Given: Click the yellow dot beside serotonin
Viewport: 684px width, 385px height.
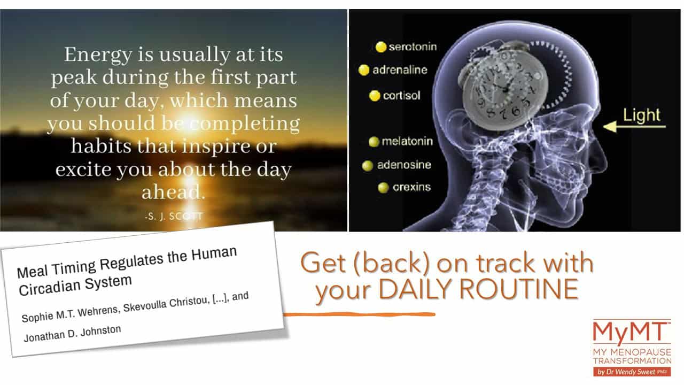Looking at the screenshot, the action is pyautogui.click(x=381, y=47).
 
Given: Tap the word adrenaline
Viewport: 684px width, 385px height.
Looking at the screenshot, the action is pyautogui.click(x=400, y=70).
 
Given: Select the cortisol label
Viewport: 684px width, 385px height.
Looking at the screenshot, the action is pyautogui.click(x=401, y=96).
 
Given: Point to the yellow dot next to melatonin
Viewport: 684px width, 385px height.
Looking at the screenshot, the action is pyautogui.click(x=374, y=142).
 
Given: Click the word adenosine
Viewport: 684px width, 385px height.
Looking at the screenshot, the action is pyautogui.click(x=404, y=165).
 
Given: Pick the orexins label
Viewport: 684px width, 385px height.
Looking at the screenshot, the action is pyautogui.click(x=411, y=187).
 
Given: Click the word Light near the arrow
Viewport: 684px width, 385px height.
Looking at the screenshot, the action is pyautogui.click(x=642, y=115).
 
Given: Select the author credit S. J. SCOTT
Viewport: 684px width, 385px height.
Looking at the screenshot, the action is pyautogui.click(x=174, y=217).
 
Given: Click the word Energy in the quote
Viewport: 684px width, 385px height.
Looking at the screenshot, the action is pyautogui.click(x=98, y=55).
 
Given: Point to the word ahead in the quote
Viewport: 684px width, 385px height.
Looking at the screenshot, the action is pyautogui.click(x=173, y=192).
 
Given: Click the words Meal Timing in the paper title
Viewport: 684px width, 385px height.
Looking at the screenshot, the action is pyautogui.click(x=57, y=268).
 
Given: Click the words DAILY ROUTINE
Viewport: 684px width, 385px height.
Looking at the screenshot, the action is pyautogui.click(x=478, y=289).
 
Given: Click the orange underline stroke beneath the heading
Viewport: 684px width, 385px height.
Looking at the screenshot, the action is pyautogui.click(x=360, y=314).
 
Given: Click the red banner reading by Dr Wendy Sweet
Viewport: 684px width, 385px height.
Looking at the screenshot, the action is pyautogui.click(x=632, y=372).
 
